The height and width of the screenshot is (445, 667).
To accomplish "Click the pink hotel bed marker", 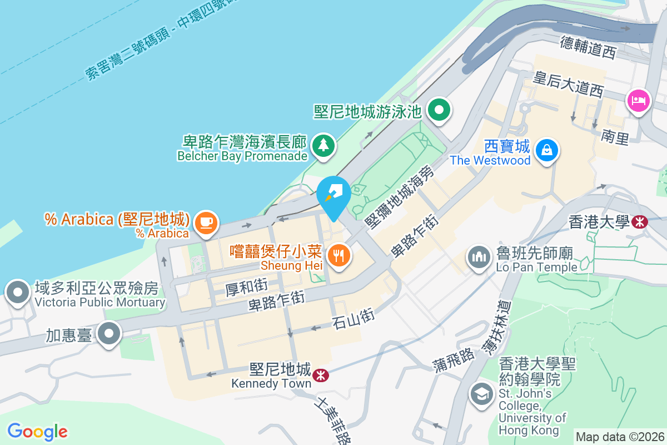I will click(x=639, y=101).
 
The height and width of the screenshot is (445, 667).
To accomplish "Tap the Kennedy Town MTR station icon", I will click(x=320, y=375).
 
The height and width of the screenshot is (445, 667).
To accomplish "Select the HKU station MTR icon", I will click(x=639, y=222).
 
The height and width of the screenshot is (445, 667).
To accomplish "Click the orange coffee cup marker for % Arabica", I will click(x=206, y=222).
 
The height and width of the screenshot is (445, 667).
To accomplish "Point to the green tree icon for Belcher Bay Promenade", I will click(x=323, y=145).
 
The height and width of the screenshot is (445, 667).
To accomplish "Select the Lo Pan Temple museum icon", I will click(x=479, y=258).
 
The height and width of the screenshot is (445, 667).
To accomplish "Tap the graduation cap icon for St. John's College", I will click(x=481, y=394).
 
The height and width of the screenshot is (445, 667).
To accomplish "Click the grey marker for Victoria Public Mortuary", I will click(x=17, y=292).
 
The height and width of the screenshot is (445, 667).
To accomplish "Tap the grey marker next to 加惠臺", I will click(x=109, y=334).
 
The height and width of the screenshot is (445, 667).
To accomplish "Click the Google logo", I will click(x=37, y=431).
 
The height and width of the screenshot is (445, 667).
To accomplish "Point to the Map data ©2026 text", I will click(x=620, y=437).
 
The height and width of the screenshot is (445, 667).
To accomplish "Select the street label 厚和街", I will click(x=247, y=287).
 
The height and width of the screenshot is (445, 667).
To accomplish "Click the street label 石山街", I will click(x=352, y=319).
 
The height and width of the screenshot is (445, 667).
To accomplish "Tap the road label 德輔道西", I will click(x=589, y=47).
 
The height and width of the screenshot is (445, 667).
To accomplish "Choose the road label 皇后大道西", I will click(x=568, y=83).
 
